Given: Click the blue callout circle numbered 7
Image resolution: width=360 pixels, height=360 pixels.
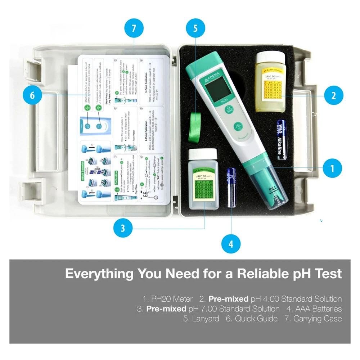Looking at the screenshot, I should pyautogui.click(x=134, y=28).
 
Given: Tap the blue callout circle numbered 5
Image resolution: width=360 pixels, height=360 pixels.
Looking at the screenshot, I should pyautogui.click(x=195, y=28).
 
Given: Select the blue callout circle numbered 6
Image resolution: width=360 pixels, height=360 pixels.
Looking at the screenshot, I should pyautogui.click(x=32, y=95).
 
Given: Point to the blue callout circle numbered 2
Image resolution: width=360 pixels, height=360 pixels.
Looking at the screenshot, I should pyautogui.click(x=333, y=95).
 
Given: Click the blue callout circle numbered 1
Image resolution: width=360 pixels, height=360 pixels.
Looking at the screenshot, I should pyautogui.click(x=332, y=168).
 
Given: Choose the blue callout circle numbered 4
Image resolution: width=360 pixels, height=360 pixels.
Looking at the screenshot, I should pyautogui.click(x=230, y=244).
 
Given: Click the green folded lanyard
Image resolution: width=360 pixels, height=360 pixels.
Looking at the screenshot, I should pyautogui.click(x=196, y=123).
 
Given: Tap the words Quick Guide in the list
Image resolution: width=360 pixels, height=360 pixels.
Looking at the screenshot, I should pyautogui.click(x=256, y=319).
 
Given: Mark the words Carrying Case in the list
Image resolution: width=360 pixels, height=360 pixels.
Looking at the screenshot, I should pyautogui.click(x=318, y=319).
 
